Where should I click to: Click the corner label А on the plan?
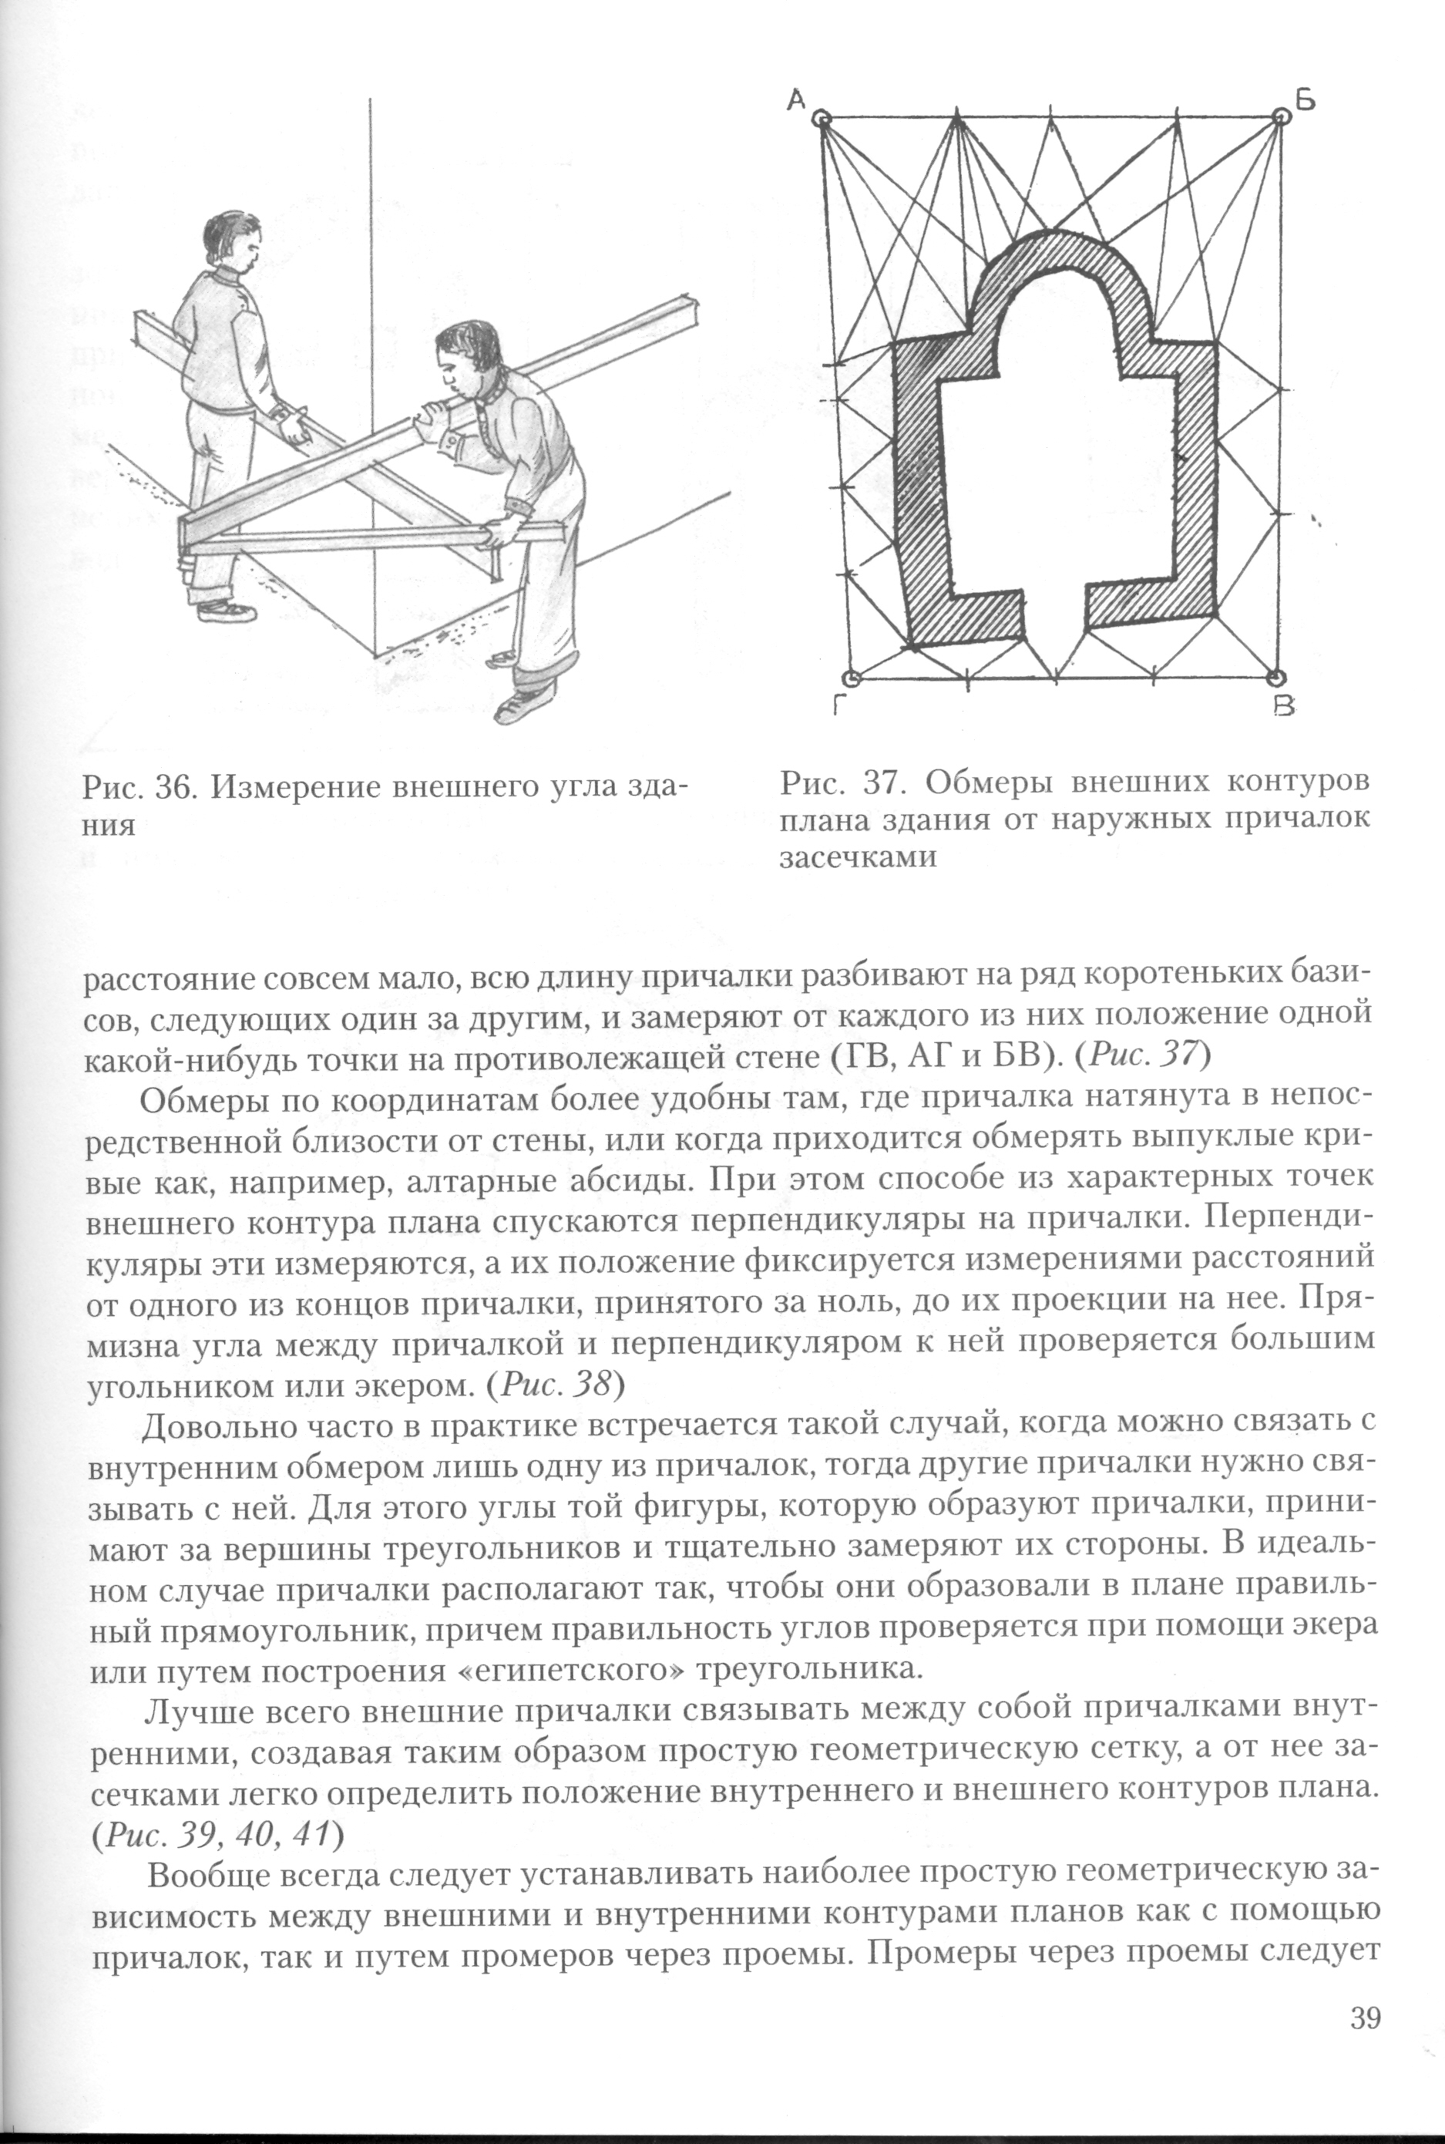pos(797,99)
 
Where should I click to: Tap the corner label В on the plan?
pos(1284,707)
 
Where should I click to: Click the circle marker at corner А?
pos(822,119)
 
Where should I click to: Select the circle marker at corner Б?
pos(1281,117)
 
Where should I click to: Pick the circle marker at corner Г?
pos(852,679)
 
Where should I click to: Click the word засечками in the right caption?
pos(858,857)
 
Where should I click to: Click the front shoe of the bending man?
pos(521,705)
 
